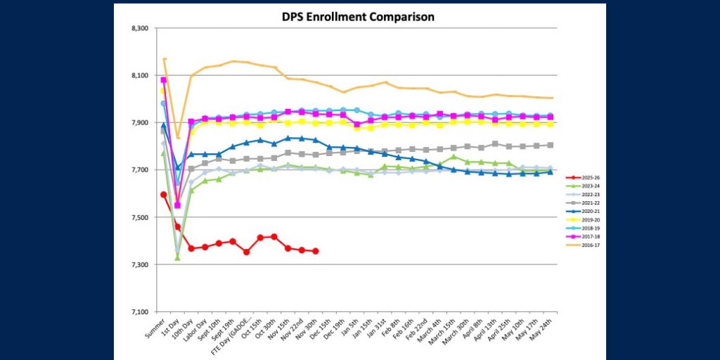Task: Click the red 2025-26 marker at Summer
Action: (x=164, y=195)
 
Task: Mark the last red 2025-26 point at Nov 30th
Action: (x=315, y=251)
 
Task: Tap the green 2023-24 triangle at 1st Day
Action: (x=177, y=258)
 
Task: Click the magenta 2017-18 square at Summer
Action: (x=164, y=80)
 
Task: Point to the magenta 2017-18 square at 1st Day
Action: (x=177, y=205)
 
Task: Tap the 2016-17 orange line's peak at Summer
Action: (x=164, y=59)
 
